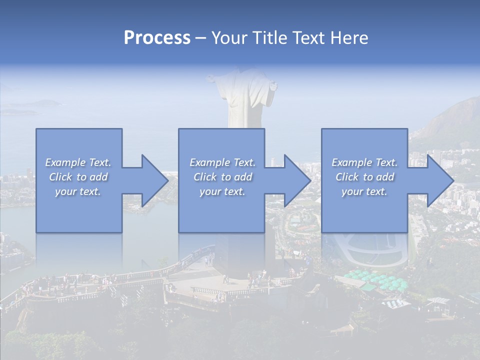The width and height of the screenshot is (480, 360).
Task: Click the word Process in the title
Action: (x=157, y=38)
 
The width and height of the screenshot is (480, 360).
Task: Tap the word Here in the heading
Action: (x=349, y=38)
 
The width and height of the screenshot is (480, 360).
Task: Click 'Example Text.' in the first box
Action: (x=78, y=162)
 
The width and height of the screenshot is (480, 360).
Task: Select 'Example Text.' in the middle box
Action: (x=222, y=162)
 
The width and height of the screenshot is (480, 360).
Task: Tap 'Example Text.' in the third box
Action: (x=364, y=162)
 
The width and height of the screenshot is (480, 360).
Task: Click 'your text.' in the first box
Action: (x=78, y=191)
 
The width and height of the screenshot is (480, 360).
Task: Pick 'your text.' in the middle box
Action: (x=222, y=191)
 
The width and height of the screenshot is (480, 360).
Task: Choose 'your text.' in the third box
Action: (x=364, y=191)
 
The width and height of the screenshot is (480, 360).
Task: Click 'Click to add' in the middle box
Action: (x=222, y=177)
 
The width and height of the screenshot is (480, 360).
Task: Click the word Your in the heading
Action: (x=228, y=38)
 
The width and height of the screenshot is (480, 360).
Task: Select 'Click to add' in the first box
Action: (x=78, y=177)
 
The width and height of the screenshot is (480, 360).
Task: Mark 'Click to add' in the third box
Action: (x=364, y=177)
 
